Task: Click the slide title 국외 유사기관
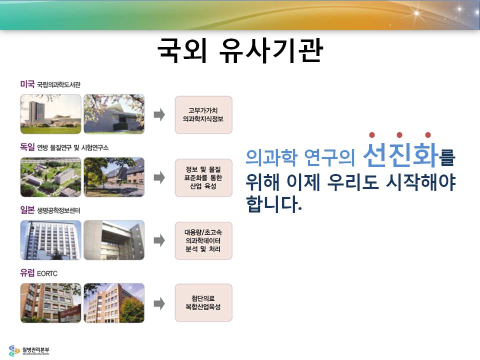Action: [x=240, y=51]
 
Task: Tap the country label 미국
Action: [x=27, y=84]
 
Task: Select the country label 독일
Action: [x=27, y=147]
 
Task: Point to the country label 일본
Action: [x=27, y=210]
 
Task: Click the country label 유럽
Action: [x=27, y=273]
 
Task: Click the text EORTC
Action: [x=47, y=273]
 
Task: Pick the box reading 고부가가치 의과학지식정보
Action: [x=203, y=115]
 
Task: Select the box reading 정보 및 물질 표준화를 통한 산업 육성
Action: [x=203, y=178]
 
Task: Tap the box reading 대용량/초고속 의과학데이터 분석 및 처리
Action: [x=203, y=241]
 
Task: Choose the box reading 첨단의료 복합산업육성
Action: [x=203, y=303]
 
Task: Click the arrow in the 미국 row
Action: [x=159, y=115]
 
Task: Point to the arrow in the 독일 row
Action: [x=159, y=177]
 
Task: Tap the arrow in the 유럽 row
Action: [x=159, y=304]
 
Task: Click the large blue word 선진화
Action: [x=400, y=155]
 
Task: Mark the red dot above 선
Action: [x=372, y=135]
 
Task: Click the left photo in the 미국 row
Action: [x=51, y=114]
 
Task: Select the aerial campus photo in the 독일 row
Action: [x=51, y=177]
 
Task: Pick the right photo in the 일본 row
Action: [x=114, y=240]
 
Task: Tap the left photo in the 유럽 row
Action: [x=51, y=303]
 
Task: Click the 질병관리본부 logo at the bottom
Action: [x=29, y=350]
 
